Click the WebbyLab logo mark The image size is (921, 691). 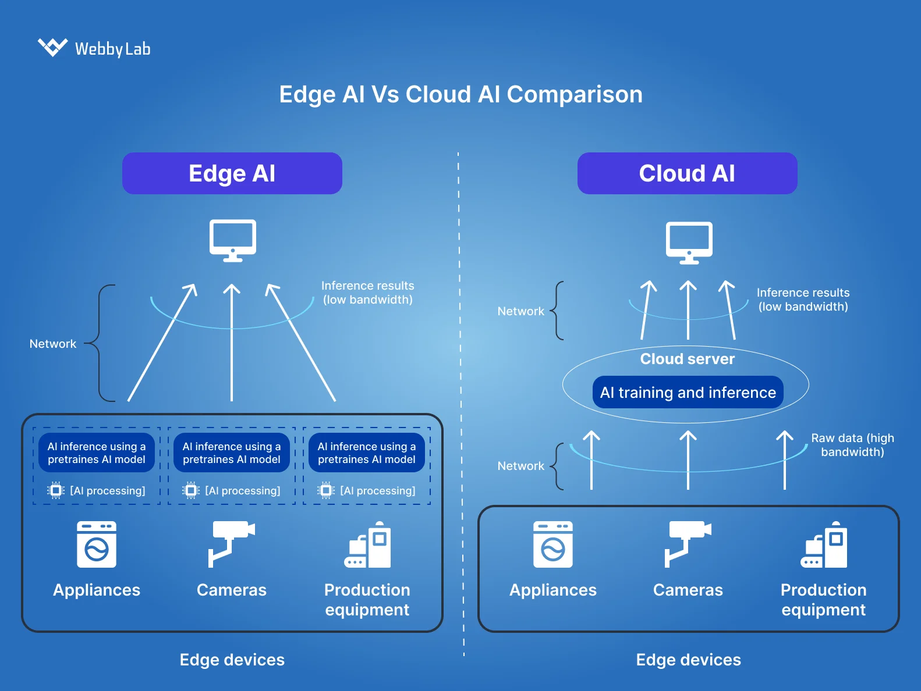52,47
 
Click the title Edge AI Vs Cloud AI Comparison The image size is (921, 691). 460,94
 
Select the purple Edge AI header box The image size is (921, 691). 232,173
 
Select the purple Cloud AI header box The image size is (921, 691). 687,173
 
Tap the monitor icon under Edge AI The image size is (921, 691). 232,240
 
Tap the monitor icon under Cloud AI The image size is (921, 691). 689,242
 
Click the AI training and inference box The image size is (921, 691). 688,393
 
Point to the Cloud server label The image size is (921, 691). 687,359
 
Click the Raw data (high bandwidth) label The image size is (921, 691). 852,445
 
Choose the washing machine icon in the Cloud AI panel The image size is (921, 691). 552,544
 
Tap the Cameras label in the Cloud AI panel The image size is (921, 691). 688,590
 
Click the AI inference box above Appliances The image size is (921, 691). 97,453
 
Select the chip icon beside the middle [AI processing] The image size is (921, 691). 191,490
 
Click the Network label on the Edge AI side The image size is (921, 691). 53,344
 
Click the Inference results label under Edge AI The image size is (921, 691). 367,293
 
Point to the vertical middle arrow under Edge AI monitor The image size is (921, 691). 232,343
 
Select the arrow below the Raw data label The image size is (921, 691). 784,460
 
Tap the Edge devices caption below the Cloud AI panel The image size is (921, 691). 688,660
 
